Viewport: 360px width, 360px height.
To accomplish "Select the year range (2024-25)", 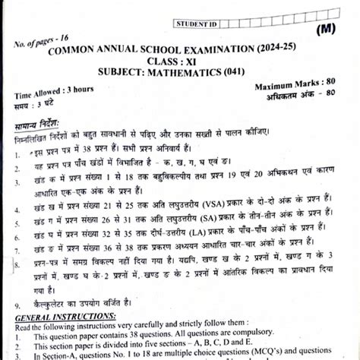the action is [281, 49].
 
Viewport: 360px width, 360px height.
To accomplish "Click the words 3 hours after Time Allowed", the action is [79, 90].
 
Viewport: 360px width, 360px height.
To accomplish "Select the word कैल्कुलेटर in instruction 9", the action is [53, 303].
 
